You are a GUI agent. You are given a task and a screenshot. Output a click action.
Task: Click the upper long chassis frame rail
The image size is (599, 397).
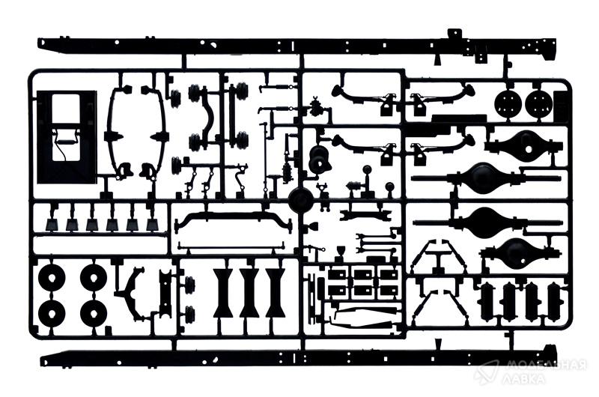297,46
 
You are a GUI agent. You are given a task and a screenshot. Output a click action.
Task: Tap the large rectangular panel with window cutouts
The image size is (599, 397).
67,137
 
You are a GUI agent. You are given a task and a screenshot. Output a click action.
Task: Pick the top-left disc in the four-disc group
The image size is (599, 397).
52,277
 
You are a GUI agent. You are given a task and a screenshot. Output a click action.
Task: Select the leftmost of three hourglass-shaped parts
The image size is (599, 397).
223,293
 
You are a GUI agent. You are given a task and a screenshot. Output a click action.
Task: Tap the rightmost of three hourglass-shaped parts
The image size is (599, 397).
276,293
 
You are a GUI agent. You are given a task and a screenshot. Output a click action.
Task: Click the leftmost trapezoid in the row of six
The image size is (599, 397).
52,225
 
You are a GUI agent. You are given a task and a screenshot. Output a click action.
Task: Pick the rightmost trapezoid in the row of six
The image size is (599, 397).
153,225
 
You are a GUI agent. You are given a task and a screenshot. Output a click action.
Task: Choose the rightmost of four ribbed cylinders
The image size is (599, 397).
556,301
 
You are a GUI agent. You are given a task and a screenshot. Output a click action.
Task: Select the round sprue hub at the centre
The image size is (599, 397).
301,199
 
